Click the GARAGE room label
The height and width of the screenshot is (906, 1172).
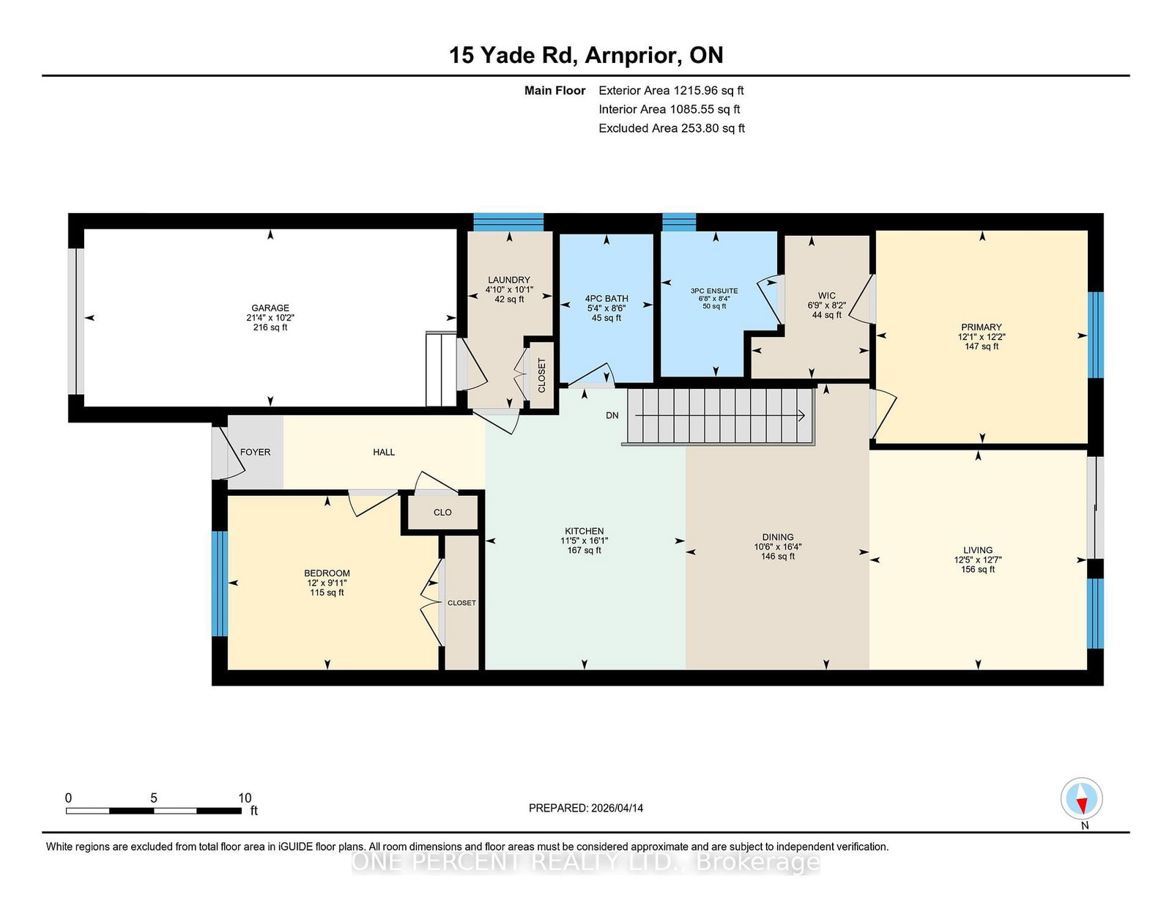tap(270, 308)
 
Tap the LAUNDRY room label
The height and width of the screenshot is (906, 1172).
tap(508, 280)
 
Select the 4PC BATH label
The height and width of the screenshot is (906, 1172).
tap(607, 299)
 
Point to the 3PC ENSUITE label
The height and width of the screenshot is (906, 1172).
tap(714, 291)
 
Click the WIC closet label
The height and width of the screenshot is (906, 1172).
tap(826, 295)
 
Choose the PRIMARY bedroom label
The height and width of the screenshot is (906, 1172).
tap(981, 327)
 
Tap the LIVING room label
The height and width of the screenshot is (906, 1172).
tap(977, 550)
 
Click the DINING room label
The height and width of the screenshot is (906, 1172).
tap(778, 537)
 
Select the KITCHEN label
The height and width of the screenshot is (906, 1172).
tap(584, 531)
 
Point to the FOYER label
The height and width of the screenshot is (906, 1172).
tap(255, 452)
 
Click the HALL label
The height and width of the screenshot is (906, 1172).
tap(384, 452)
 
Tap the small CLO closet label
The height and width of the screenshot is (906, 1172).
tap(442, 512)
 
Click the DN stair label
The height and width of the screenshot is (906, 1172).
tap(612, 415)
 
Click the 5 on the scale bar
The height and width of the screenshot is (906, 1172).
tap(154, 798)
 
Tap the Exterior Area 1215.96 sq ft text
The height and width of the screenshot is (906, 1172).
tap(671, 91)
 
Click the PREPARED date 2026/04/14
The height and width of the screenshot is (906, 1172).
tap(617, 808)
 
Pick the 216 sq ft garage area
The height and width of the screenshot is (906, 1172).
tap(270, 327)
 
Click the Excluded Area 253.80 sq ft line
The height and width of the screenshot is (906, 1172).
tap(672, 128)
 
